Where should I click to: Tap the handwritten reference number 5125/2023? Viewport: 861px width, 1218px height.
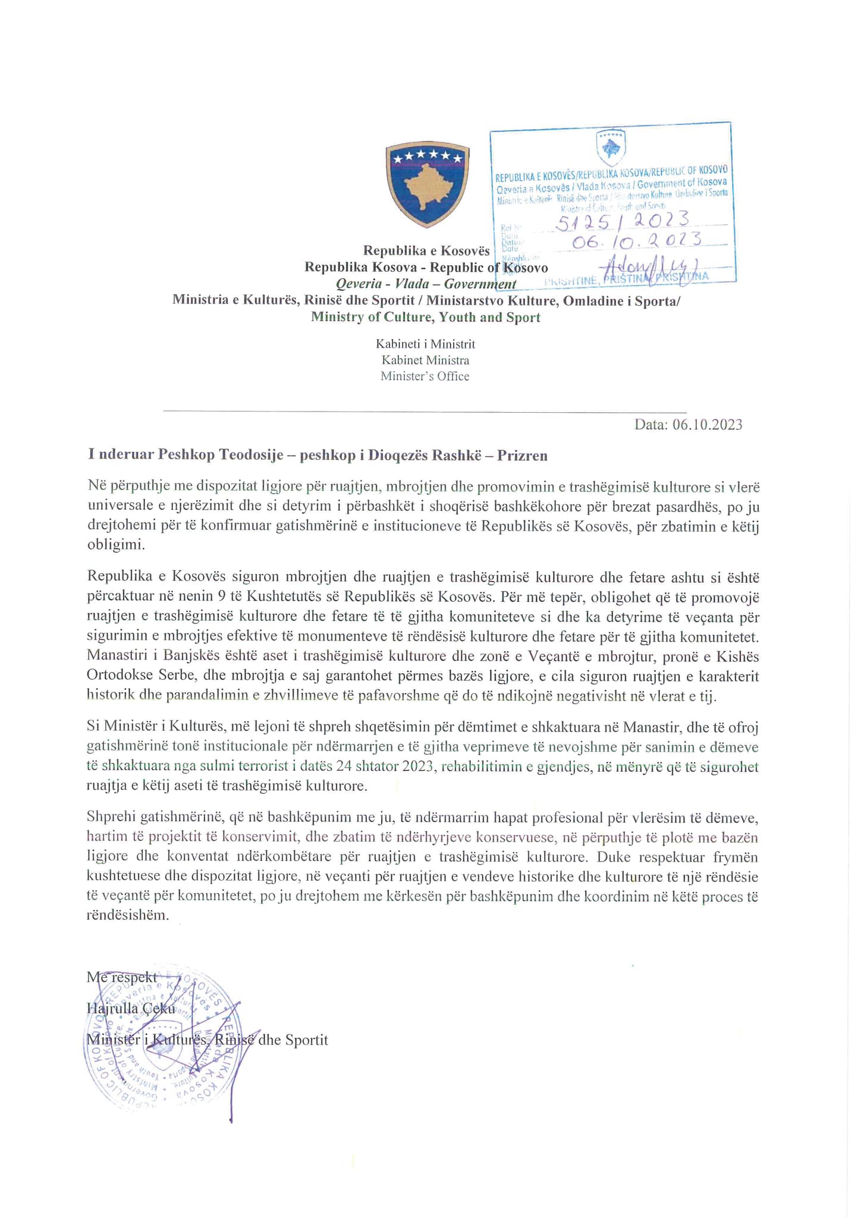coord(622,221)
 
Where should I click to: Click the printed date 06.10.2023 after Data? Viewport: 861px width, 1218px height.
coord(707,425)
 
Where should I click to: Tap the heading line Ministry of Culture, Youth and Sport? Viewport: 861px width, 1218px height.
coord(426,317)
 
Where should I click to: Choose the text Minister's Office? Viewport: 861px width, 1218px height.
coord(425,376)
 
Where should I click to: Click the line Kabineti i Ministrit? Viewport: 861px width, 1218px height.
coord(425,344)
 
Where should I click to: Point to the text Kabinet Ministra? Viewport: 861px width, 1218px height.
coord(425,360)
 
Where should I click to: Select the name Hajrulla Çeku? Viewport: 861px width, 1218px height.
coord(131,1009)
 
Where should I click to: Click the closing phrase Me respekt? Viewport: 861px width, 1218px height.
coord(122,977)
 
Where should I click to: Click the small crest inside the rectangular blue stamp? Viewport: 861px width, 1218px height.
coord(611,147)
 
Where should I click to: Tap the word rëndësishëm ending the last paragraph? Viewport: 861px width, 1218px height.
coord(127,915)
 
